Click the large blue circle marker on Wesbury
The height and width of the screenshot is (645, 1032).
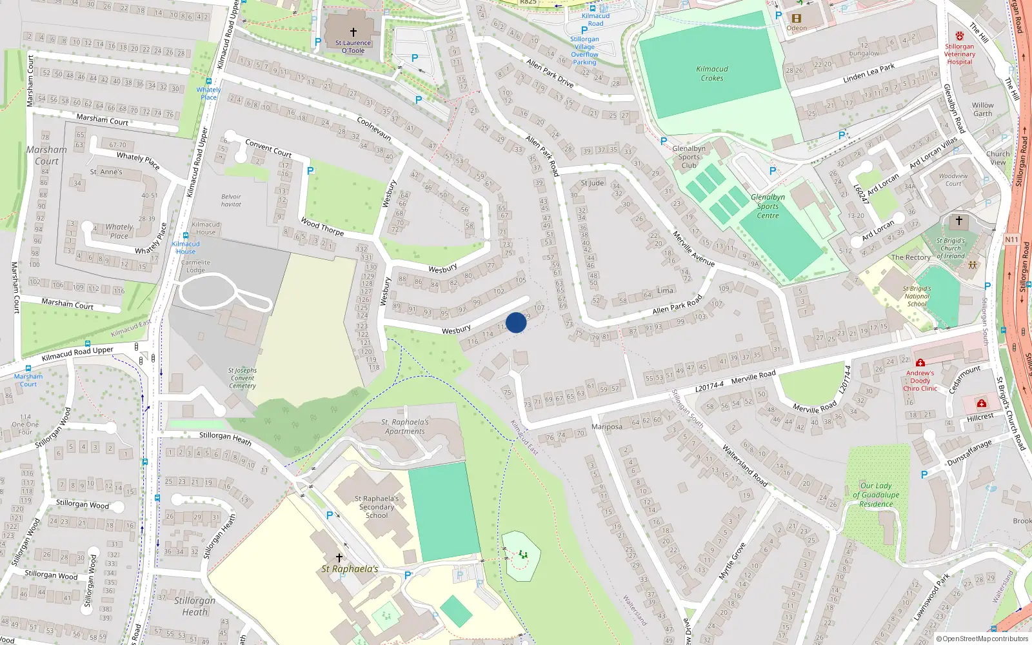pos(516,322)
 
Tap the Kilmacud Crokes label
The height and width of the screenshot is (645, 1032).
pos(712,74)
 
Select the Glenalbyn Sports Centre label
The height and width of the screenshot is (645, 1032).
pos(768,206)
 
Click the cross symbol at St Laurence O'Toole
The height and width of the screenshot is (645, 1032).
pos(353,32)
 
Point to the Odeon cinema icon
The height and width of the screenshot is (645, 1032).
pos(797,18)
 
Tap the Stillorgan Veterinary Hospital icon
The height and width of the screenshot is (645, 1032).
pos(960,36)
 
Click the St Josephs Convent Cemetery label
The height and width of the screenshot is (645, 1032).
pos(243,378)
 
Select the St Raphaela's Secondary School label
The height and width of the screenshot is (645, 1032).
pos(377,507)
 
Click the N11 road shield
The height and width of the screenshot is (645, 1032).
pos(1011,239)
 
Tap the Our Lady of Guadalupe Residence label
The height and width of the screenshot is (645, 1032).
pos(876,495)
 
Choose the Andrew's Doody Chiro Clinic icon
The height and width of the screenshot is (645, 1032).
pos(920,363)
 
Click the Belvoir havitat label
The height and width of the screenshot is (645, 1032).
pos(231,201)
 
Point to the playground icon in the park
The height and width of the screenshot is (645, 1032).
pos(522,554)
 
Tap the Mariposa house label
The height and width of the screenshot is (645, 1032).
pos(606,427)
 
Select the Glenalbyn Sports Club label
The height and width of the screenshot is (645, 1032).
pos(689,157)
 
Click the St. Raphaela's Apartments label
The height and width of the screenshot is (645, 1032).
pos(405,427)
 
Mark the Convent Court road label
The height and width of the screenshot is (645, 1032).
pos(268,148)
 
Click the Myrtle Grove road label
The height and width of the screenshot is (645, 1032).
pos(732,561)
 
